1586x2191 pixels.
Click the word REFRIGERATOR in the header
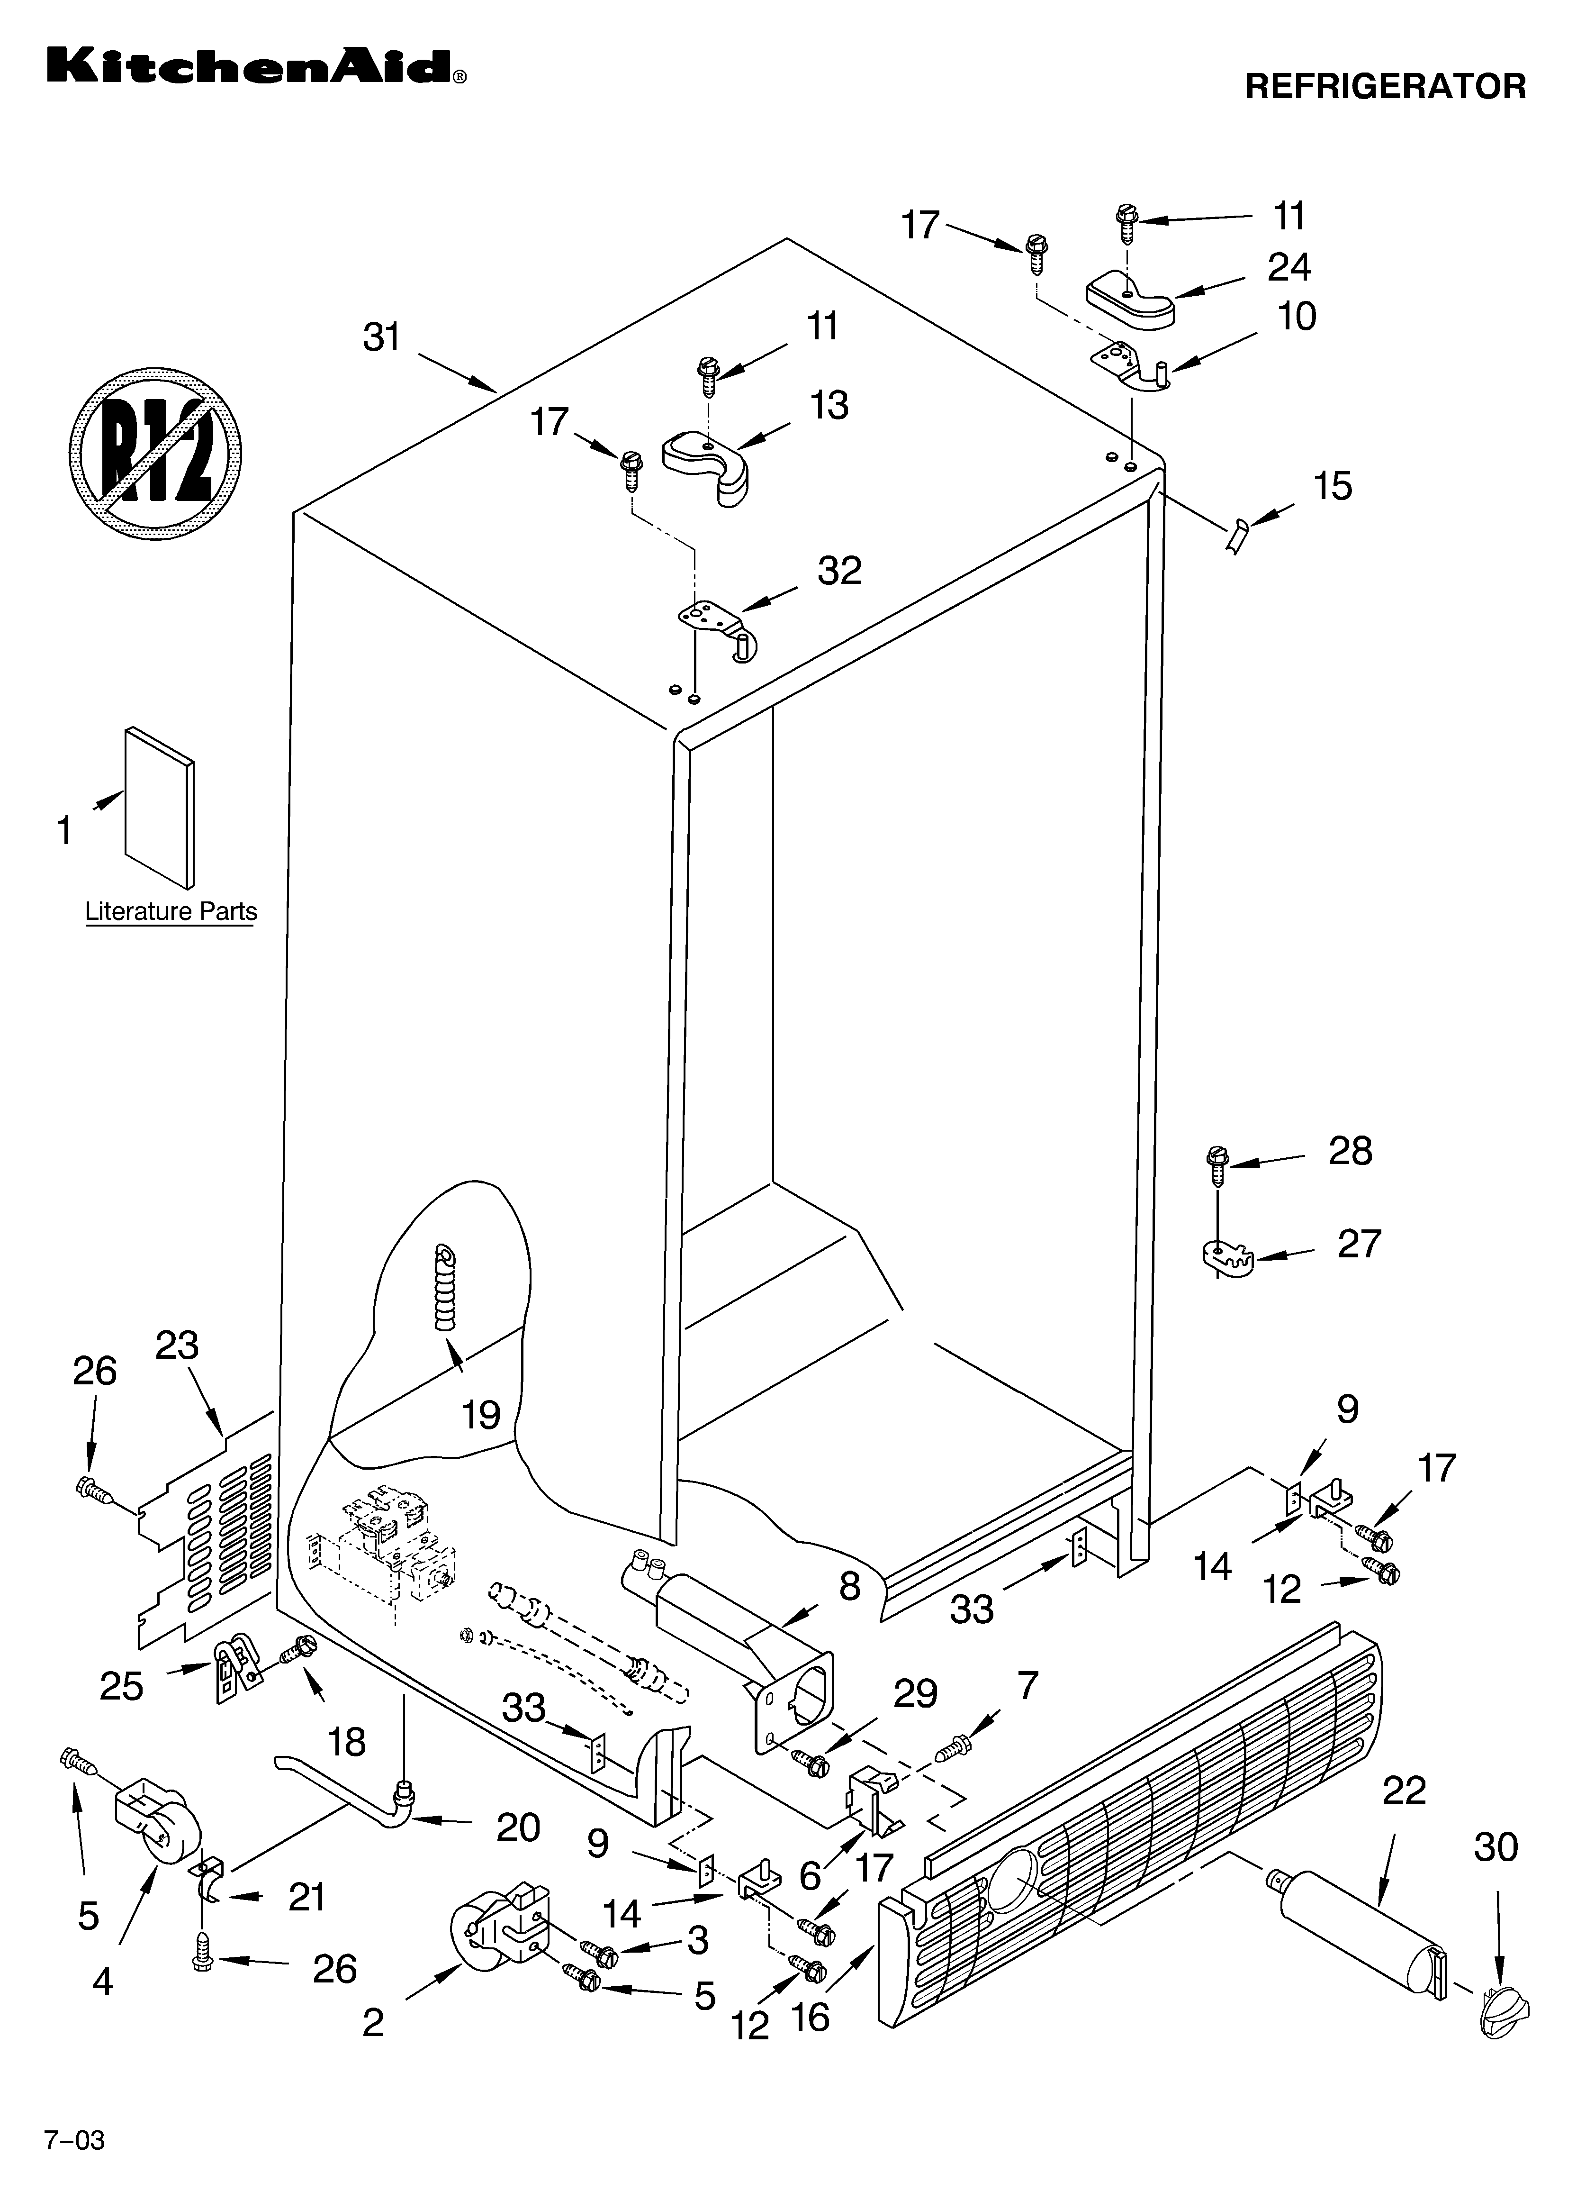coord(1384,87)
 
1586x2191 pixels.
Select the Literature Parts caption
coord(171,911)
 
